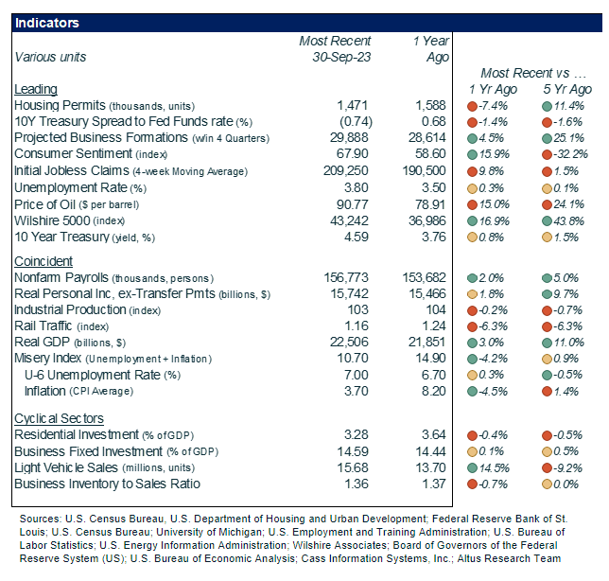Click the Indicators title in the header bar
47,23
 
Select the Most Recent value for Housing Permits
354,105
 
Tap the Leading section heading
35,89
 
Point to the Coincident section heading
43,261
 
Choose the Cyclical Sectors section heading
59,418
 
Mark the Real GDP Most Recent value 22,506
349,343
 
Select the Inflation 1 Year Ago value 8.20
429,391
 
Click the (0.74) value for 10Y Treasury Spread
354,121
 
